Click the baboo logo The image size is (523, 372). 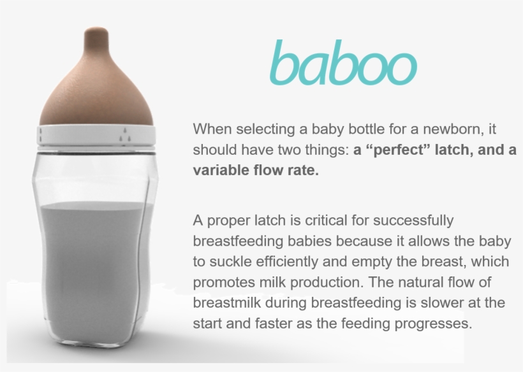(x=343, y=63)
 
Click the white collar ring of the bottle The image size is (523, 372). (x=98, y=134)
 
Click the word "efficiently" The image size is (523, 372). (x=290, y=262)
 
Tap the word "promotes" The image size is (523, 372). (x=222, y=282)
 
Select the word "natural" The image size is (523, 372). (x=422, y=282)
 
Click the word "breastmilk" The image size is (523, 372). (x=226, y=303)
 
